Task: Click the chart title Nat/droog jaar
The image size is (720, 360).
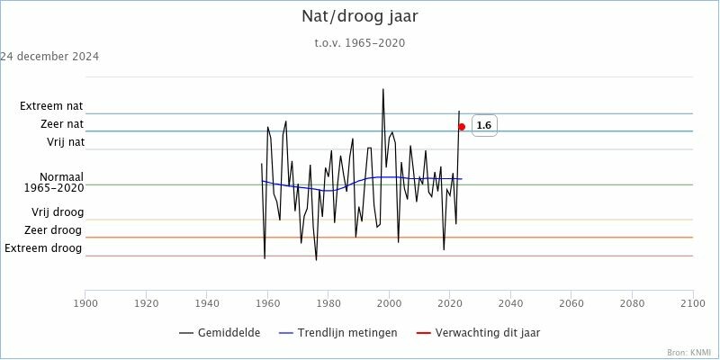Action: click(359, 17)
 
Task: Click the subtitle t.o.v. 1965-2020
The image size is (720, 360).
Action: click(359, 42)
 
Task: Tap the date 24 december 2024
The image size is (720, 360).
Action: click(49, 57)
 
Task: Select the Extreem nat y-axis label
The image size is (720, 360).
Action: click(51, 106)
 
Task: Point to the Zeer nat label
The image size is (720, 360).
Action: click(62, 124)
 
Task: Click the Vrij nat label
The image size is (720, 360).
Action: click(66, 142)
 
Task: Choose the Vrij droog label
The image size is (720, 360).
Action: click(58, 212)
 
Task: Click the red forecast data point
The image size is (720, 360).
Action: click(462, 127)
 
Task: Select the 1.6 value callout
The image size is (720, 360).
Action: click(484, 126)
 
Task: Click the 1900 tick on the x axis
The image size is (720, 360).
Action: click(85, 304)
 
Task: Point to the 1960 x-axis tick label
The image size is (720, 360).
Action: click(267, 304)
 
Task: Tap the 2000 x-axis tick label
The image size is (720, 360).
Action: click(390, 304)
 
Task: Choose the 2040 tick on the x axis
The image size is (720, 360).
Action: click(511, 304)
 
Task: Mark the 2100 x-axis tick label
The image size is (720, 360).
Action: click(693, 304)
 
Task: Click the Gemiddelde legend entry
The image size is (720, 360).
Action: click(220, 333)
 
